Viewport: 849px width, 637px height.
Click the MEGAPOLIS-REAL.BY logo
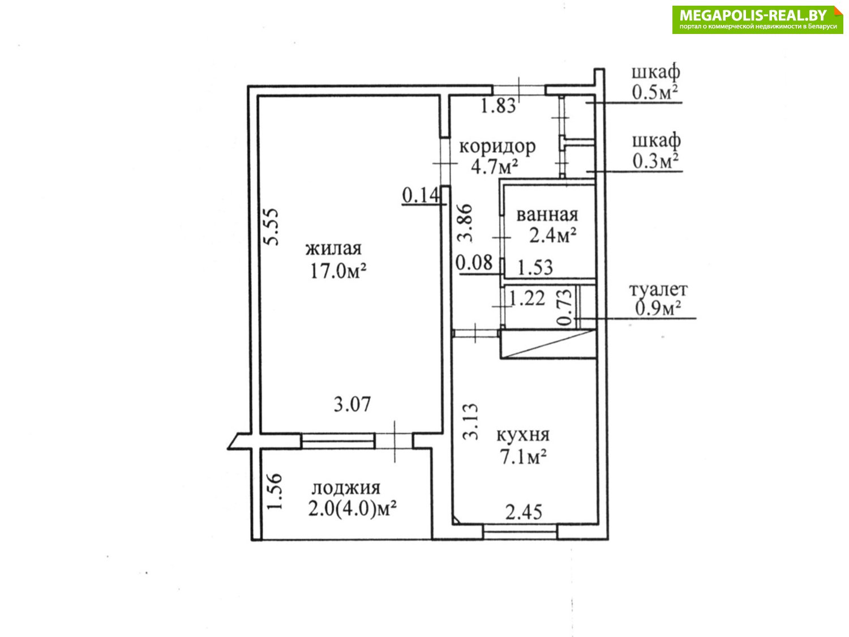(x=757, y=19)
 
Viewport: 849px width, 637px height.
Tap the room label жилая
(x=333, y=249)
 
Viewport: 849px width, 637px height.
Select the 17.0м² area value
(x=338, y=271)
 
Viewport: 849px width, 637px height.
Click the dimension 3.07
(x=352, y=404)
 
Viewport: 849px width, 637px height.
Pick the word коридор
(x=498, y=147)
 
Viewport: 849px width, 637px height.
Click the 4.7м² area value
(x=494, y=166)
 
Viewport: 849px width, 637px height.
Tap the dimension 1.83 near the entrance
(x=498, y=105)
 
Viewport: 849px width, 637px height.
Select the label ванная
(x=547, y=215)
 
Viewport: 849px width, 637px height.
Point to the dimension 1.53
(x=535, y=267)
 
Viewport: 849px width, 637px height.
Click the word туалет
(x=658, y=290)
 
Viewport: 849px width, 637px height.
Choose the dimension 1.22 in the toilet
(x=527, y=298)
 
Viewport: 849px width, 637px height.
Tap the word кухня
(x=523, y=435)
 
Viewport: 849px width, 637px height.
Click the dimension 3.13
(x=471, y=422)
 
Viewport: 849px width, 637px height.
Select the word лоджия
(x=346, y=489)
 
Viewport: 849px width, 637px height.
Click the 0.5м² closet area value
(x=655, y=93)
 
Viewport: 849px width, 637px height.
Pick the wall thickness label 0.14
(x=421, y=195)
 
